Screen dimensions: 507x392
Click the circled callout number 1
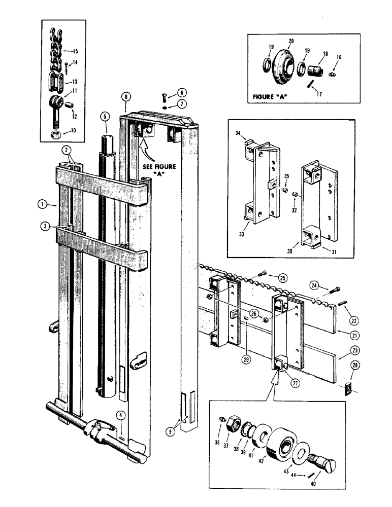tap(42, 204)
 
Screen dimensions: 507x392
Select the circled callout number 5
tap(105, 116)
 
